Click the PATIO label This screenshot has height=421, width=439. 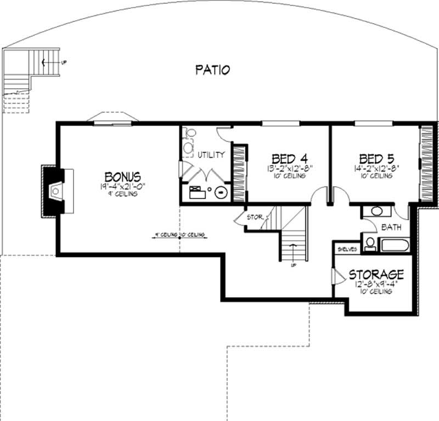pyautogui.click(x=212, y=70)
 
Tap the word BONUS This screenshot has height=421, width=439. pyautogui.click(x=123, y=177)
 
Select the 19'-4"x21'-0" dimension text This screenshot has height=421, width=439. pyautogui.click(x=123, y=186)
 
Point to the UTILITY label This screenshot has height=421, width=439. pyautogui.click(x=211, y=155)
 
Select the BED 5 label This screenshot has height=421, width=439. pyautogui.click(x=377, y=157)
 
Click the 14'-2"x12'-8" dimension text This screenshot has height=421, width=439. pyautogui.click(x=377, y=168)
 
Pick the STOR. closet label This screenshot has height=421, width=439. pyautogui.click(x=256, y=217)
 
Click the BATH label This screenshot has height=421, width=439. pyautogui.click(x=391, y=226)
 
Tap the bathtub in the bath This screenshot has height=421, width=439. pyautogui.click(x=395, y=244)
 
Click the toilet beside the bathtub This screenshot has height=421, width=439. pyautogui.click(x=370, y=243)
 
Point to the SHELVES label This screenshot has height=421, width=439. pyautogui.click(x=347, y=249)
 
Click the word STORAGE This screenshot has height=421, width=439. pyautogui.click(x=376, y=274)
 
